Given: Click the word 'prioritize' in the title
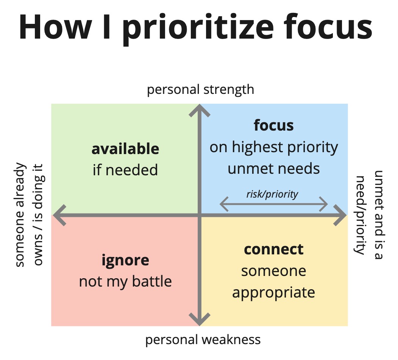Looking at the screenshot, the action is click(x=198, y=28).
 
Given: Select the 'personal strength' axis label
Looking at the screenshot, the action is click(x=201, y=90).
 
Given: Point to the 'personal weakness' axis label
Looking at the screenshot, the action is click(x=203, y=340).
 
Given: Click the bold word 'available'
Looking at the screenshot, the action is click(x=125, y=149).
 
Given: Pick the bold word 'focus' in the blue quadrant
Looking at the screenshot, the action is click(x=274, y=125).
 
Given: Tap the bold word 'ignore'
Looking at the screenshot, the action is click(x=125, y=261).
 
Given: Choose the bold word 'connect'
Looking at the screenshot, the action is click(x=274, y=249).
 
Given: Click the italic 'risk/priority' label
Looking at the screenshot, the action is click(x=272, y=194).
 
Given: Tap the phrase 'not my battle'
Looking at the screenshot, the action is click(x=125, y=282).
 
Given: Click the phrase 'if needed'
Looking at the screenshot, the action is click(x=125, y=170).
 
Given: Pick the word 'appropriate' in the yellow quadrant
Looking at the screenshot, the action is click(x=274, y=293).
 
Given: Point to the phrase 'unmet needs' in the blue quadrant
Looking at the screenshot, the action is click(x=274, y=169).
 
